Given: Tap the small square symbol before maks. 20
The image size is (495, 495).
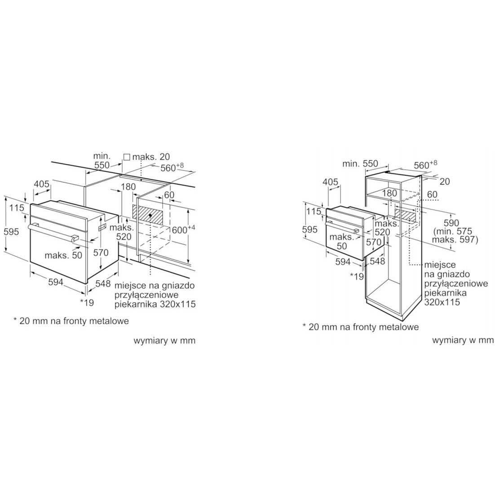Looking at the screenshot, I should pos(127,157).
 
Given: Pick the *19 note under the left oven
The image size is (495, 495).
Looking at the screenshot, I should pos(87,302).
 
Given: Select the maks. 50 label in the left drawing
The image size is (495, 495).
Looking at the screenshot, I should pos(63,255).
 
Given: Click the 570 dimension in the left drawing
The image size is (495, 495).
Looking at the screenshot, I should pos(101,252).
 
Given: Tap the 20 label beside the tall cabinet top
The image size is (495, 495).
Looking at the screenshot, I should pos(445,181).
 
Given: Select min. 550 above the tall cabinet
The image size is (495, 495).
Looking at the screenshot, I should pos(360,164).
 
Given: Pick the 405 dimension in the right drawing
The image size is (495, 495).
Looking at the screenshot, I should pos(330,182).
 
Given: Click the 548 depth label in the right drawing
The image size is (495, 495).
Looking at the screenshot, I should pos(378,261).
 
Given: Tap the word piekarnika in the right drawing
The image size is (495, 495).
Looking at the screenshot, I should pos(445,293).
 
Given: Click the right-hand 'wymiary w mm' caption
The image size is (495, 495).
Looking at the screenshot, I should pos(463,340).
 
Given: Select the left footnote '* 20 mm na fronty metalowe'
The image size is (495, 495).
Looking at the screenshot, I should pos(71,321).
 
